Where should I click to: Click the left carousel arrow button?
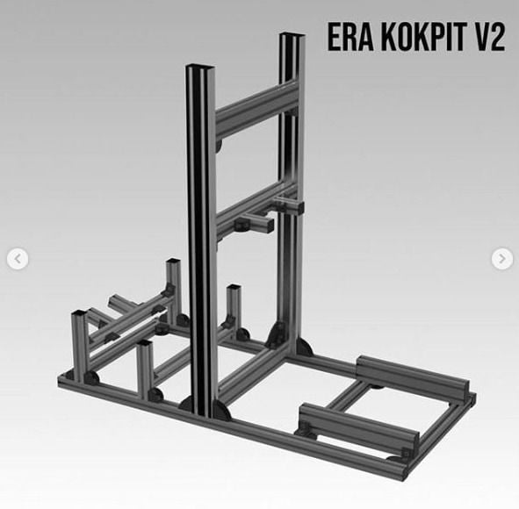point(18,259)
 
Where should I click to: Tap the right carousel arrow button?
point(501,259)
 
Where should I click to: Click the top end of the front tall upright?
point(200,69)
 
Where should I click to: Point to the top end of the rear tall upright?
point(292,38)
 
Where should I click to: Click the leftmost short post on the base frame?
point(78,342)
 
